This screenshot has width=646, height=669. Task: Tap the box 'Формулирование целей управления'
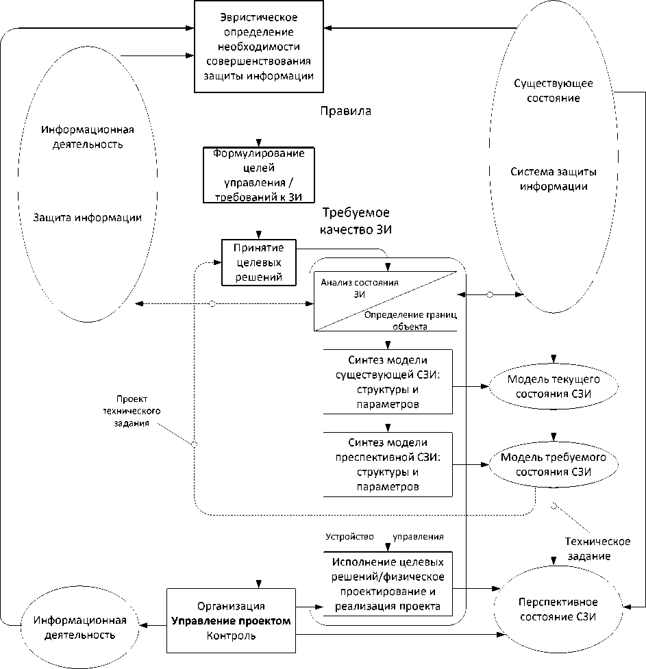pos(259,175)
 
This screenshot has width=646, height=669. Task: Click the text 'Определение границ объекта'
pos(410,320)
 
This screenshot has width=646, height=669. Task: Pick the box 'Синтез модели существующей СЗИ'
pos(387,381)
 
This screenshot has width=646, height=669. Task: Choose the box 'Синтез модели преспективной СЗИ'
pos(387,464)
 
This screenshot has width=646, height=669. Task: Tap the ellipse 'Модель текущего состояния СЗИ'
pos(554,386)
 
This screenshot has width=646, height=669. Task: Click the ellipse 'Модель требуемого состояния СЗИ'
pos(554,464)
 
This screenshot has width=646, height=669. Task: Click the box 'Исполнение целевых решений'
pos(387,584)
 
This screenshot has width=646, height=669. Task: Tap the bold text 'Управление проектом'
pos(231,621)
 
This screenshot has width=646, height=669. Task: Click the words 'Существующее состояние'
pos(552,90)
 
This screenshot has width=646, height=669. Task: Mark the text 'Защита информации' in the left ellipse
pos(88,218)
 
